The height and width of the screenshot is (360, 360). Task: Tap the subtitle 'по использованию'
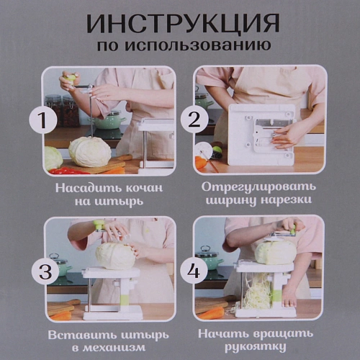tap(182, 45)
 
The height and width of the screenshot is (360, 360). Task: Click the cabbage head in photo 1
tap(90, 151)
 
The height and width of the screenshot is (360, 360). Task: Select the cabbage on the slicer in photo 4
tap(275, 251)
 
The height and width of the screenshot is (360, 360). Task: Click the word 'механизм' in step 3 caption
tap(114, 348)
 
